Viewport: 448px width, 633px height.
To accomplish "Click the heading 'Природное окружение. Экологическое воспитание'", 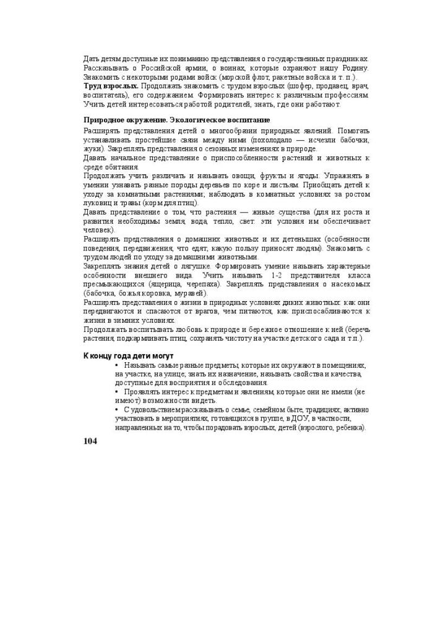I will [177, 119].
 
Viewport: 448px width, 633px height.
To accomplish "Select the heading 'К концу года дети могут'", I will [129, 355].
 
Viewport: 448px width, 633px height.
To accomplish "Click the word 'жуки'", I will [93, 149].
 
